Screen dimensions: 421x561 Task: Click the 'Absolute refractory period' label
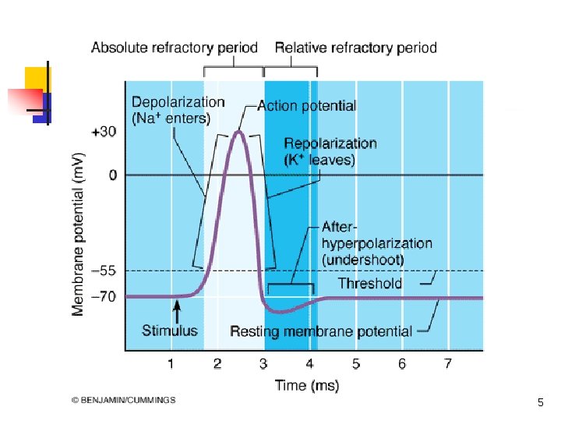click(x=174, y=48)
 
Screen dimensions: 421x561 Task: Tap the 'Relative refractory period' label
click(x=355, y=48)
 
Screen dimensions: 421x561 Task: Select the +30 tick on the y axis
click(x=104, y=133)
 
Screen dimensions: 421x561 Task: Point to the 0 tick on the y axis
click(x=113, y=175)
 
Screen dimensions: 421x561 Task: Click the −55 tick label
click(x=104, y=271)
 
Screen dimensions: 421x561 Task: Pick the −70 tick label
click(x=104, y=296)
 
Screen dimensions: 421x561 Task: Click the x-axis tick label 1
click(x=171, y=363)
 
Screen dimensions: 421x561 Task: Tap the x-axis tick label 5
click(x=355, y=363)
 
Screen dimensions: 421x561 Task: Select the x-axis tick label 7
click(x=447, y=363)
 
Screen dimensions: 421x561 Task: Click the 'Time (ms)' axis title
click(x=306, y=384)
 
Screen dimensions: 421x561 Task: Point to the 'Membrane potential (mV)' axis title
click(x=79, y=234)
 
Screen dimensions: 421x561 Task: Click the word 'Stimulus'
click(x=170, y=331)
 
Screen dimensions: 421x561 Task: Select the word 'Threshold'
click(x=370, y=283)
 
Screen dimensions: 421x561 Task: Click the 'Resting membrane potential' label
click(x=321, y=331)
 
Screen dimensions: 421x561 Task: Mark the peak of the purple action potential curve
click(x=239, y=132)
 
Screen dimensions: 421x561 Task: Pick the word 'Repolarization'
click(x=330, y=143)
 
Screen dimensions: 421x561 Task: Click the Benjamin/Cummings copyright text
click(x=124, y=400)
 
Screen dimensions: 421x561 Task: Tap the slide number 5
click(x=540, y=403)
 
